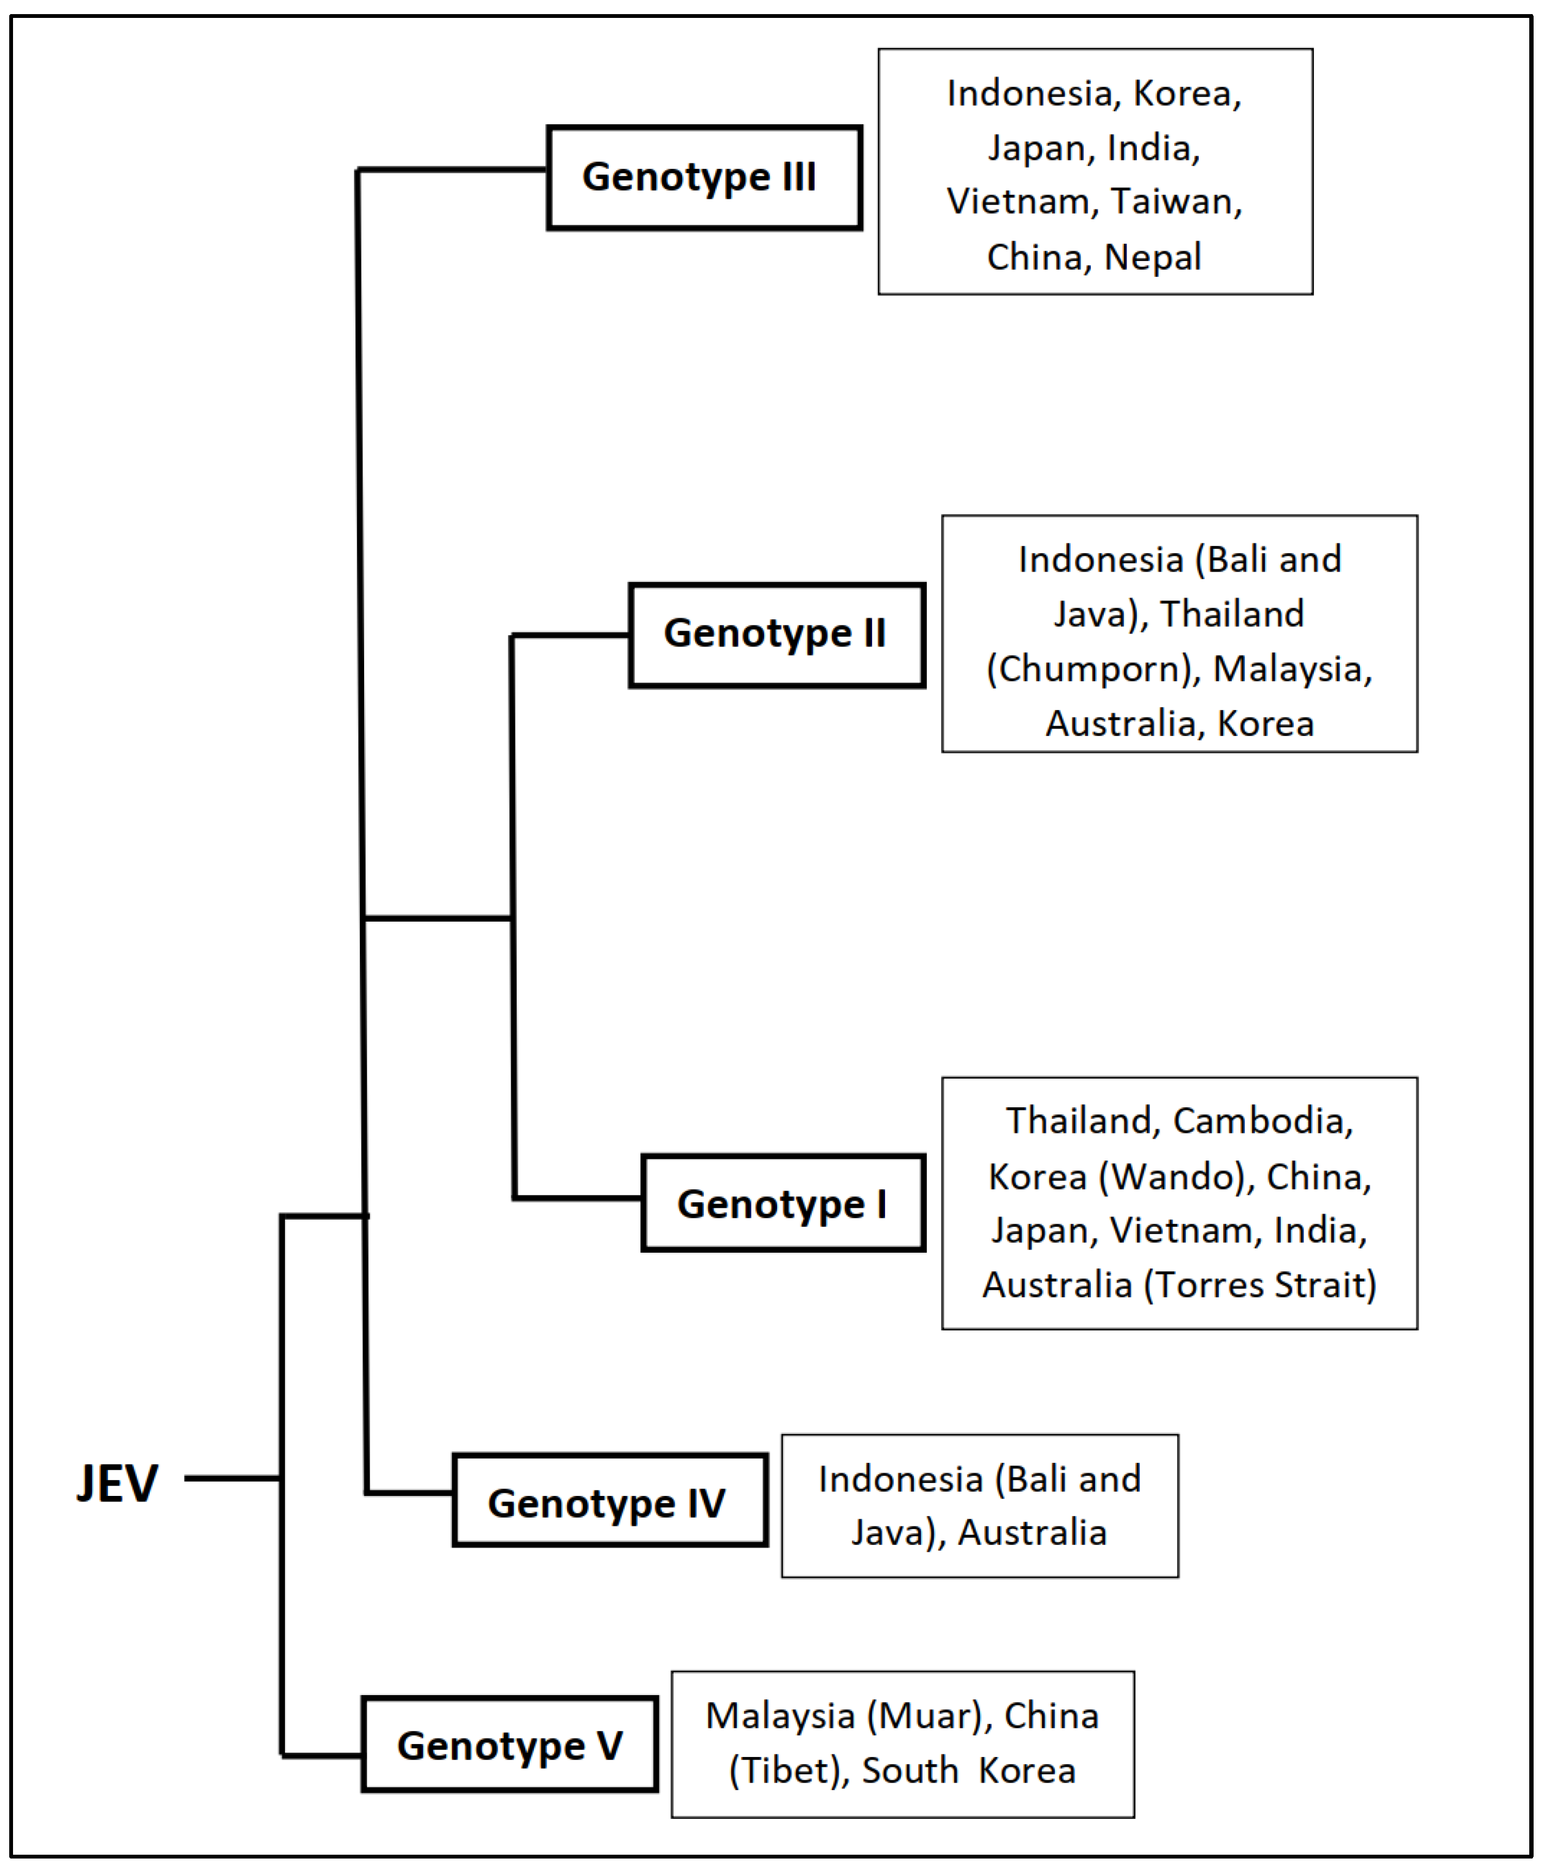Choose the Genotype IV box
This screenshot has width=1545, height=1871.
pos(609,1504)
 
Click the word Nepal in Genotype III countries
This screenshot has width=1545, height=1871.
pos(1153,257)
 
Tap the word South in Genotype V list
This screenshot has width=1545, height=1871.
pos(910,1771)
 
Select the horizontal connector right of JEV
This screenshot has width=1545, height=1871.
pos(233,1479)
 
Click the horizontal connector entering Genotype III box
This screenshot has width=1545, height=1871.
pos(452,169)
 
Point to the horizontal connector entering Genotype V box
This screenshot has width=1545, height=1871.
pos(322,1755)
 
